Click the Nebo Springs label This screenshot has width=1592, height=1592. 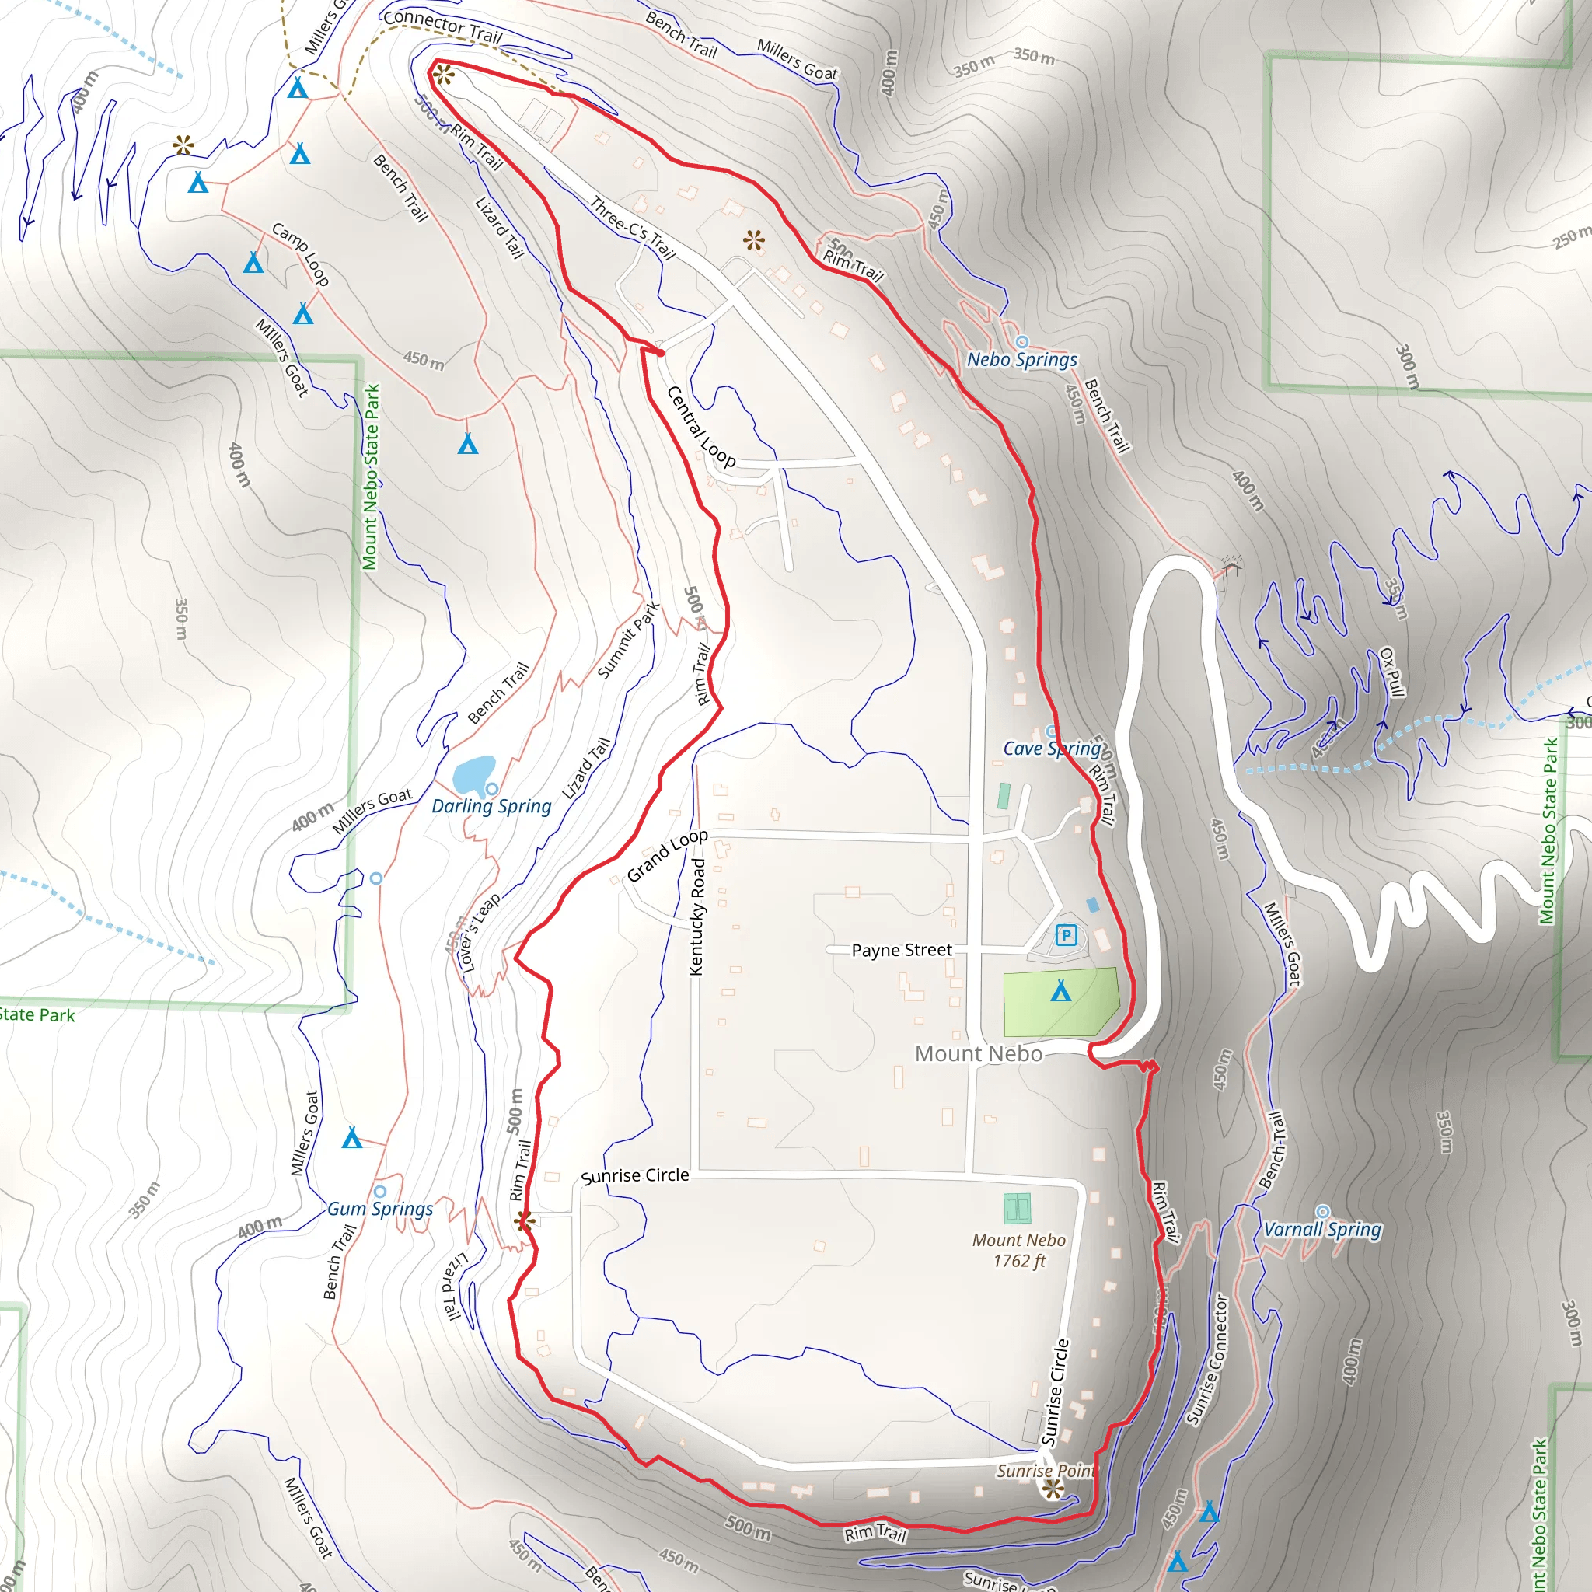(x=1021, y=360)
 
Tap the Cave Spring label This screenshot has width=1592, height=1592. (x=1052, y=749)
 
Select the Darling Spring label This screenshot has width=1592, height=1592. (x=491, y=807)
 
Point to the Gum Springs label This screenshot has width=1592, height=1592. (x=380, y=1209)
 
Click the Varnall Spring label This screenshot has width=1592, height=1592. (x=1321, y=1230)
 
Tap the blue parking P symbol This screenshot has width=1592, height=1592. (x=1067, y=935)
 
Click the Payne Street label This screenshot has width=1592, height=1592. (x=902, y=950)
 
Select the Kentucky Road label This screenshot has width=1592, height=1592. (x=697, y=917)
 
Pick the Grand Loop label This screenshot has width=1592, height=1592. (x=667, y=855)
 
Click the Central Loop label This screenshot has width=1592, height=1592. (x=700, y=427)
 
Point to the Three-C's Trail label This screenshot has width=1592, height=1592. (x=632, y=229)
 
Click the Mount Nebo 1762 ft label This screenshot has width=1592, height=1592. (x=1018, y=1251)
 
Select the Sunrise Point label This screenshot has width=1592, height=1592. (x=1045, y=1471)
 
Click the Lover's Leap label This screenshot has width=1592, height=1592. (x=479, y=934)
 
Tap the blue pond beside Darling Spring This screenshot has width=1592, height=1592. (x=472, y=775)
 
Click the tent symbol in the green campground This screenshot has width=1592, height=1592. (x=1060, y=990)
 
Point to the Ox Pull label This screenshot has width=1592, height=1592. (x=1391, y=672)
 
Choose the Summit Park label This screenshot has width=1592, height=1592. (x=628, y=641)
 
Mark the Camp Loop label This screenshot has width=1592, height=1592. (x=301, y=253)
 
